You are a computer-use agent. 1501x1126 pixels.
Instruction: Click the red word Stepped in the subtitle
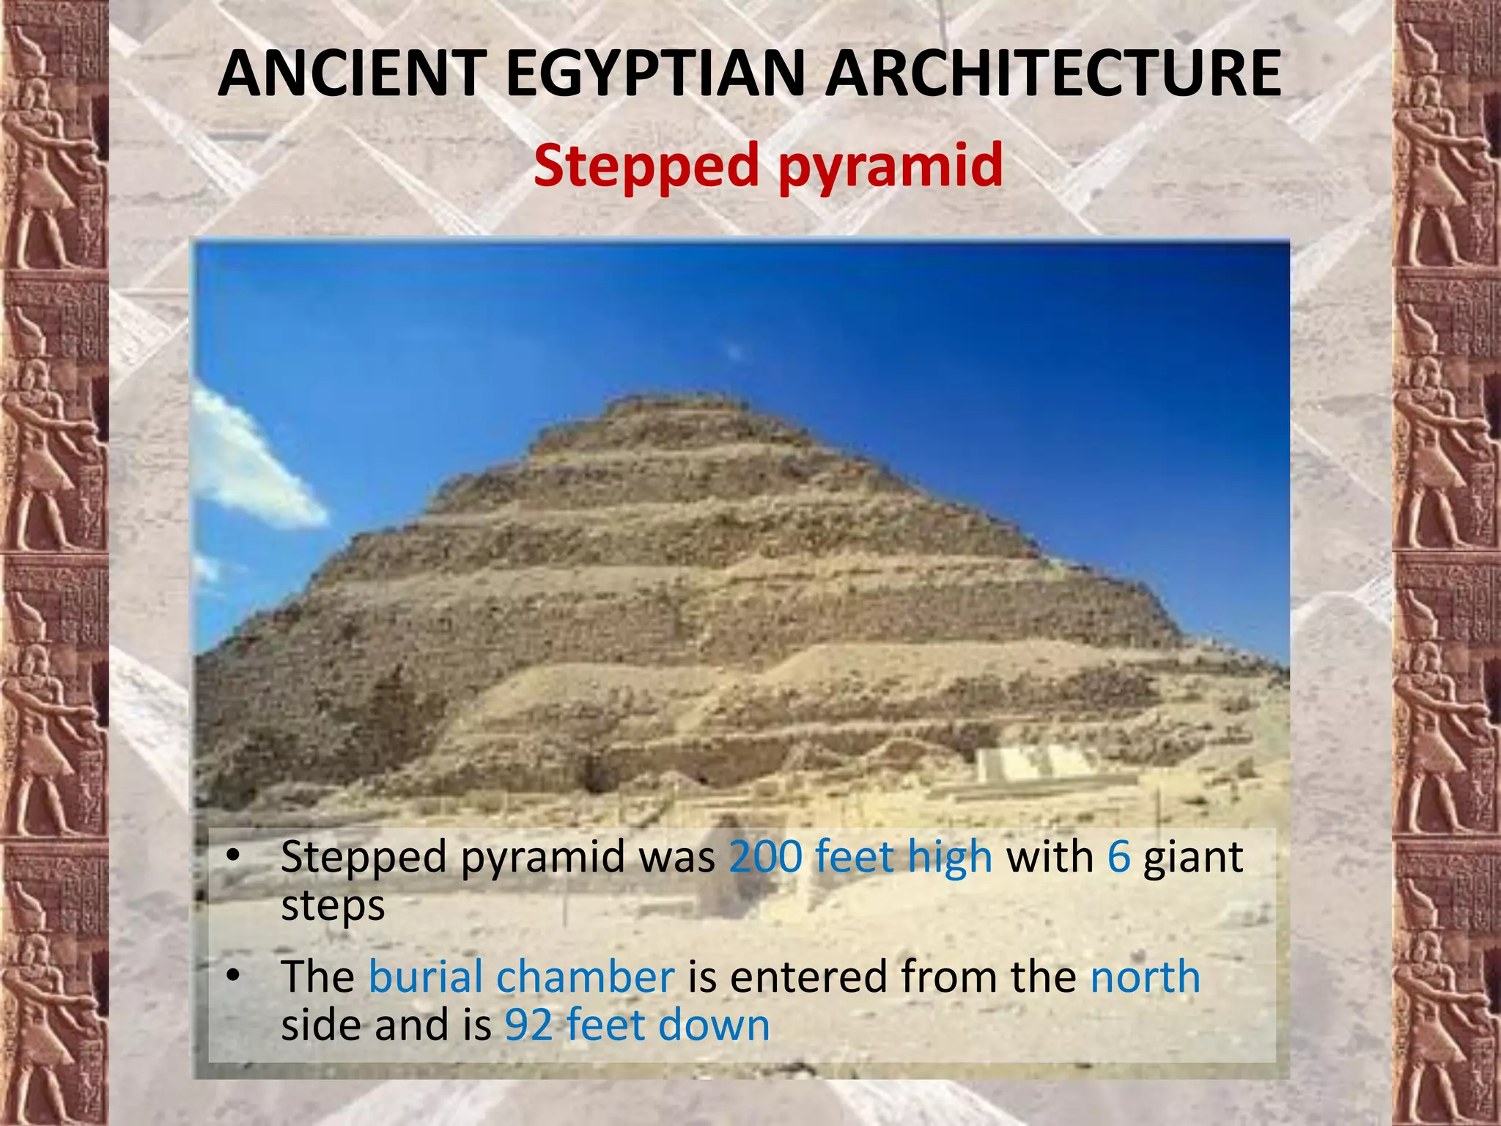[646, 166]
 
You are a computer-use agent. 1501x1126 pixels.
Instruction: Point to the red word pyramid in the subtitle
[890, 166]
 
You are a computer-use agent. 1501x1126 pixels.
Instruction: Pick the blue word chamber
[585, 976]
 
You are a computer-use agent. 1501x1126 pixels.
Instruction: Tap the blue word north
[1145, 976]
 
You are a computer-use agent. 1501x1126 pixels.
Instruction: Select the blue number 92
[528, 1025]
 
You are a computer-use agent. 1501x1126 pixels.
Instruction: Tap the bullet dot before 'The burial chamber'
[233, 975]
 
